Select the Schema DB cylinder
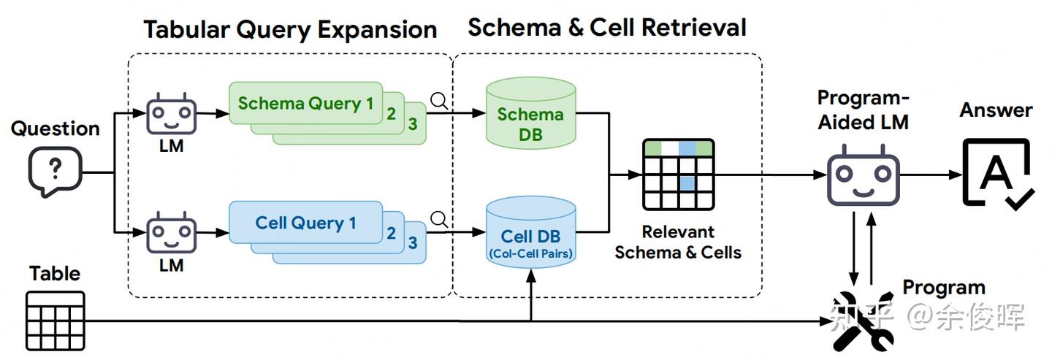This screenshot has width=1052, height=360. [x=530, y=113]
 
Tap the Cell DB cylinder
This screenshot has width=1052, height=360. [x=530, y=232]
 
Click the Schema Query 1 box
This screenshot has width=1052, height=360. [x=305, y=103]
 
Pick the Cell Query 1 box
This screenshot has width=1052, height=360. [x=305, y=223]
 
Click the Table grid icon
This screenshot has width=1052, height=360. [x=56, y=321]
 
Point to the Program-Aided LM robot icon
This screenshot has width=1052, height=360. [x=864, y=175]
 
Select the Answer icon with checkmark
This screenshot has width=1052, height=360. [x=997, y=174]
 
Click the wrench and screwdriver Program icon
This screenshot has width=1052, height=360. [x=864, y=321]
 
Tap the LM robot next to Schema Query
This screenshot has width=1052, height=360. [x=171, y=114]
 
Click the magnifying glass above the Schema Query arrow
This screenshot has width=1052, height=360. [x=439, y=101]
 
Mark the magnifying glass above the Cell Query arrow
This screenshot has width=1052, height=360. [x=439, y=219]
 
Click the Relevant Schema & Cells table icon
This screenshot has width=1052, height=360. [x=678, y=174]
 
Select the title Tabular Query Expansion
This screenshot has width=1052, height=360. [x=290, y=30]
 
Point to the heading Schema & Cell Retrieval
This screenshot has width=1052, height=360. [x=607, y=27]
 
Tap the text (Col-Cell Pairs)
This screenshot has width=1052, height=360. [x=530, y=253]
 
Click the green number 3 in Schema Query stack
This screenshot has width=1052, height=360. [x=412, y=124]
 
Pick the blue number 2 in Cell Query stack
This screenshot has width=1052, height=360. [x=392, y=233]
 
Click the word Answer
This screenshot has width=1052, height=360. [x=996, y=110]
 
